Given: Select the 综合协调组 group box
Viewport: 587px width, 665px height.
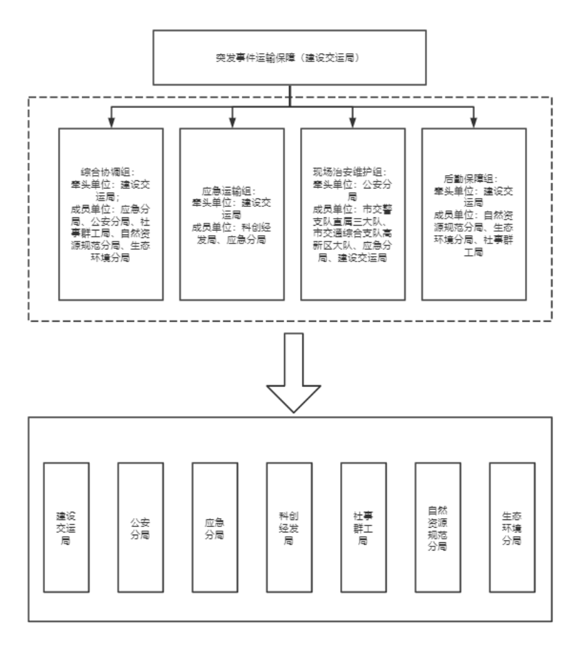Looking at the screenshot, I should coord(111,214).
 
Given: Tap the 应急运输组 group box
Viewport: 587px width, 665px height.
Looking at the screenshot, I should coord(232,214).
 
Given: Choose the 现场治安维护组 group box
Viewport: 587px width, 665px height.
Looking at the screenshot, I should coord(353,214).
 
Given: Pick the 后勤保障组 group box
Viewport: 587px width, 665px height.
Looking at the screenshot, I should coord(474,214).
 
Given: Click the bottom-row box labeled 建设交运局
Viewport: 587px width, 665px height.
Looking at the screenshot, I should coord(66,528).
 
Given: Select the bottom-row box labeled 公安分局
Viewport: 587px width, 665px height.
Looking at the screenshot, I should coord(141,528).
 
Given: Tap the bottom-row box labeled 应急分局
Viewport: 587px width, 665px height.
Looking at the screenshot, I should coord(215,528).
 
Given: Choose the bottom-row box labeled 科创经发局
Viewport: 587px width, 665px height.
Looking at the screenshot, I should coord(289,528).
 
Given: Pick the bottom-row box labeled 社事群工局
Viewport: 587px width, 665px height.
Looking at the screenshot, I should coord(363,528).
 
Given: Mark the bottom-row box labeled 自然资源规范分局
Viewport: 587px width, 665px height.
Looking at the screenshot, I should coord(437,528).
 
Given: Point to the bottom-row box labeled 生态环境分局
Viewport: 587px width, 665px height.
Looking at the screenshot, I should coord(511,528).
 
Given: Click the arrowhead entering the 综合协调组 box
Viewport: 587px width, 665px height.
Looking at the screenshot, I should coord(111,123).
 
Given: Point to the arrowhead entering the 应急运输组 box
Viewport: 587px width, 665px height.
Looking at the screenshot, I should coord(232,123).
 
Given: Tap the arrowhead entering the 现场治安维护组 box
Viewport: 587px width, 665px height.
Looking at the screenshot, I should coord(353,123).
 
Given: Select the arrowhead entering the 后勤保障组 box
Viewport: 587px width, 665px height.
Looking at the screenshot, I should coord(474,123).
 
